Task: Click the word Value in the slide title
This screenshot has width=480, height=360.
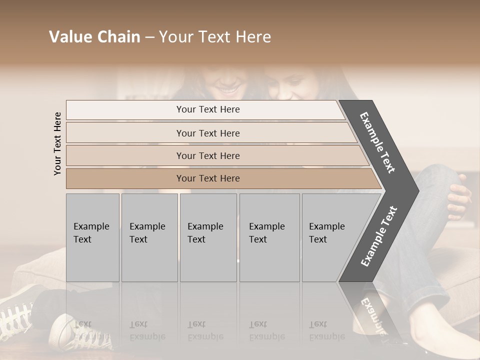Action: point(70,37)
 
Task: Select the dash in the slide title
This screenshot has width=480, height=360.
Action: point(149,37)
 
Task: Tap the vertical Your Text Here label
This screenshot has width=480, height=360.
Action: point(57,143)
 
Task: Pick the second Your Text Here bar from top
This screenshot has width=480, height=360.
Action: point(208,133)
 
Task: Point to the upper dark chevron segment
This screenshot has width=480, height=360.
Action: point(378,142)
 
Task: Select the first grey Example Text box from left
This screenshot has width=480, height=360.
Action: point(92,237)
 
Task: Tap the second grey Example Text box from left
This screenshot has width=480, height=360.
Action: point(149,237)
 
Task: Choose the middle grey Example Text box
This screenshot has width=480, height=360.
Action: point(208,237)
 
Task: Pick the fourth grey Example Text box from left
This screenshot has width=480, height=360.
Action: point(269,237)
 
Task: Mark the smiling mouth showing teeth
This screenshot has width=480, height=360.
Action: point(228,91)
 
